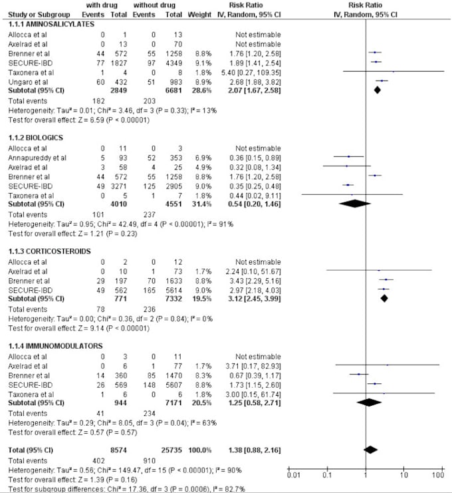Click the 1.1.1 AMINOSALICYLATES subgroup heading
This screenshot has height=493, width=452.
(x=42, y=24)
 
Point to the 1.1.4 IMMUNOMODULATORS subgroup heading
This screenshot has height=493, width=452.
(x=46, y=347)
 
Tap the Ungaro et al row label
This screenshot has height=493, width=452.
(x=25, y=80)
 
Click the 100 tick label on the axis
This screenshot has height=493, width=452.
(x=437, y=476)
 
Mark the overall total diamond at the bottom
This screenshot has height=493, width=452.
(x=371, y=450)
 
